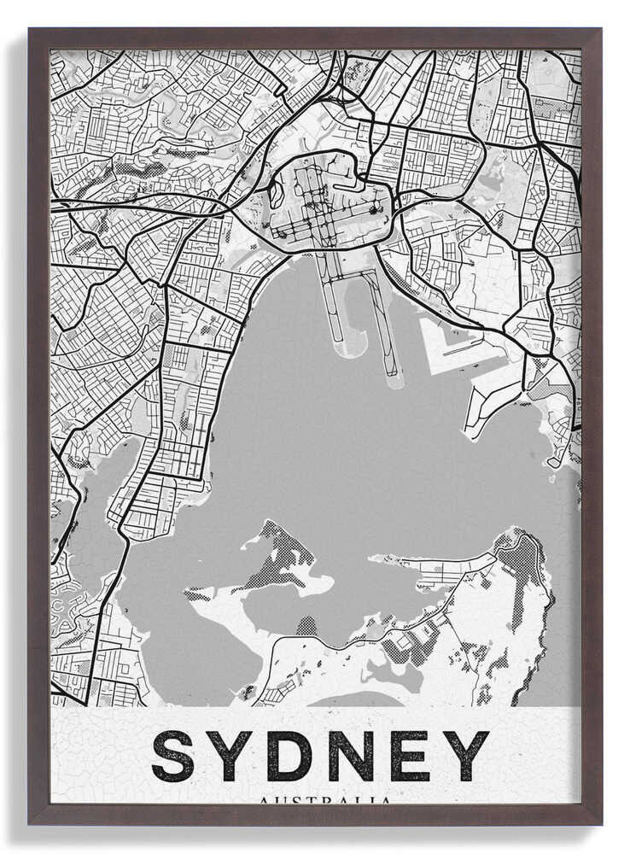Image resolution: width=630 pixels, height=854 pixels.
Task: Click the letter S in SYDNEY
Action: tap(172, 756)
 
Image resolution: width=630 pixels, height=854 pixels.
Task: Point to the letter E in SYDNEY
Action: tap(409, 756)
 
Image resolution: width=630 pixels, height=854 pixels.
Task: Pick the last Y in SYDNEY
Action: tap(466, 756)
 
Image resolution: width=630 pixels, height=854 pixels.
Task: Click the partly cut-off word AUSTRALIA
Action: tap(324, 801)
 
